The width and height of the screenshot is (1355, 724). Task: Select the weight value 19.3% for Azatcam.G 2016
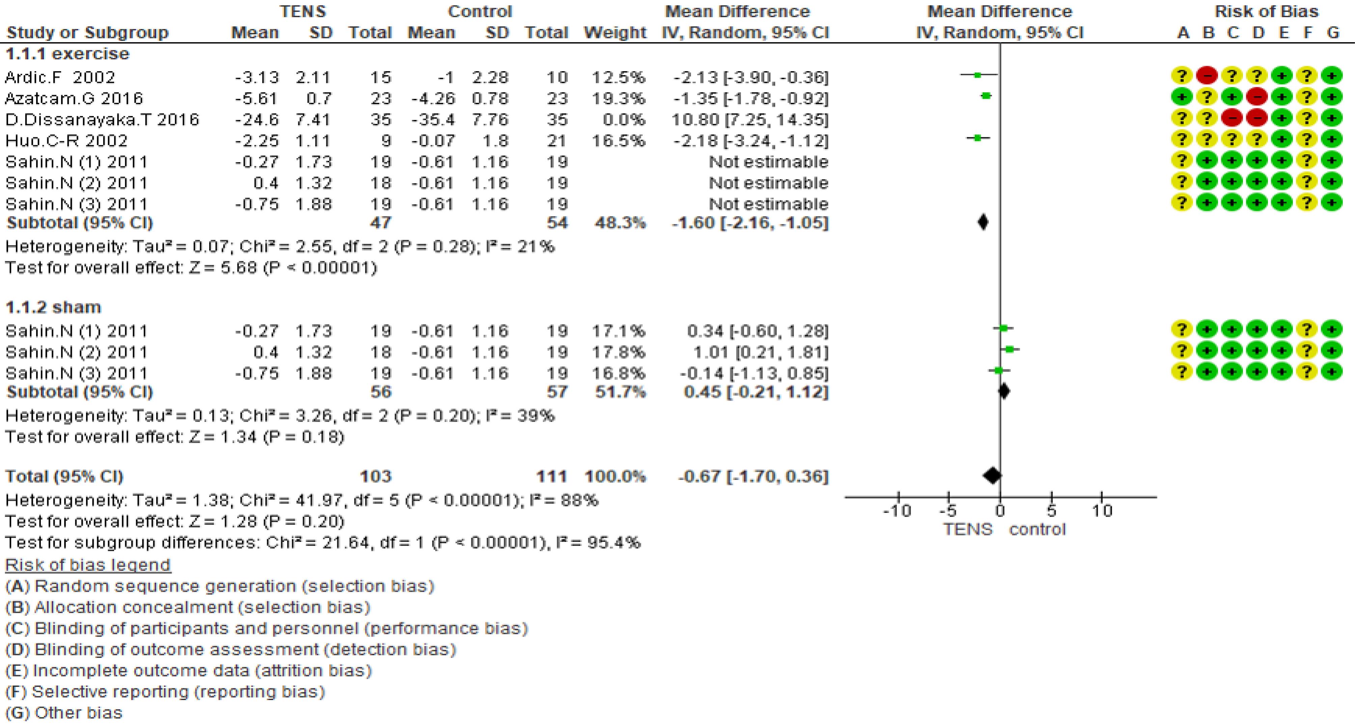618,98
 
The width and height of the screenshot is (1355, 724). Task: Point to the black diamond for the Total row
992,476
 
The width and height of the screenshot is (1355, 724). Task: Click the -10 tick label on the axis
897,511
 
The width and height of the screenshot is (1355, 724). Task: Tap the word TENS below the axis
967,529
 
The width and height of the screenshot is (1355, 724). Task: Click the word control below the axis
1037,529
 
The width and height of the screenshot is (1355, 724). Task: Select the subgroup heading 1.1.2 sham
53,307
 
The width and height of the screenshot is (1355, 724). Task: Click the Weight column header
615,33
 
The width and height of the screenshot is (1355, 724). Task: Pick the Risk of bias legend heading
88,565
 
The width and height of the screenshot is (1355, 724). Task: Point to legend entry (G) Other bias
64,713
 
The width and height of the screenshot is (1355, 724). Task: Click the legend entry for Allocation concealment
188,607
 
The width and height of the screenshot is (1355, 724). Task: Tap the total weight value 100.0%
615,476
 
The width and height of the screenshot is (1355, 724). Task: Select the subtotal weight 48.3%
620,223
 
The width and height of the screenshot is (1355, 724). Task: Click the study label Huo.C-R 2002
66,141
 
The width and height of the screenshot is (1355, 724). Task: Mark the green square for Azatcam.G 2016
986,96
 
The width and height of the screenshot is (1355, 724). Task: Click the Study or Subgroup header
87,33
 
